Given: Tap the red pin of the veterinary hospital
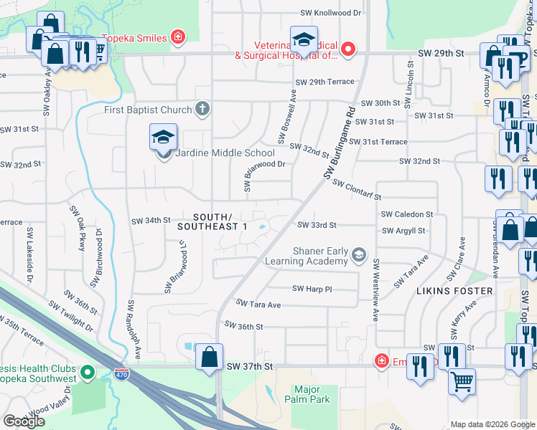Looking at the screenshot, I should pos(348,49).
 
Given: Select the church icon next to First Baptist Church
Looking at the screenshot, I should pos(203,109).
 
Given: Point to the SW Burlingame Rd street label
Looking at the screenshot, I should pos(340,144).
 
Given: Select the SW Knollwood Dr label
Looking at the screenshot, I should pos(330,13).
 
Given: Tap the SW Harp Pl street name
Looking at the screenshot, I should pos(312,288).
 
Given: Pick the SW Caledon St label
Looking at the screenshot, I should pos(407,214).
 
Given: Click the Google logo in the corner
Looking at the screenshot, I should pos(24,421).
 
